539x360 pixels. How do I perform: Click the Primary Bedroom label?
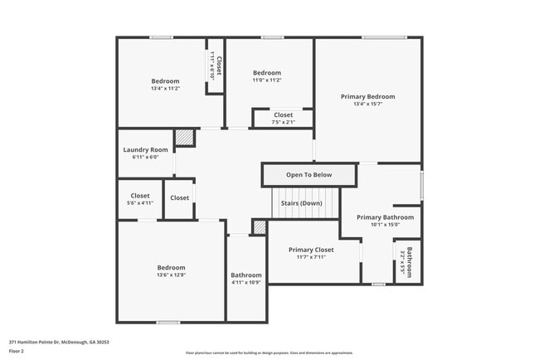[x=367, y=96]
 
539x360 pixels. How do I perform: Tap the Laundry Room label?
[x=145, y=149]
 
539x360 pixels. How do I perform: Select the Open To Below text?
[x=308, y=175]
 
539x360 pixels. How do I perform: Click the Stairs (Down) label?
[x=301, y=202]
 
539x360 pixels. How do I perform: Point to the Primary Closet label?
[x=311, y=250]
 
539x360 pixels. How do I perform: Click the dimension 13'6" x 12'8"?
[x=172, y=275]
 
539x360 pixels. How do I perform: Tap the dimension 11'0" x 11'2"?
[x=267, y=80]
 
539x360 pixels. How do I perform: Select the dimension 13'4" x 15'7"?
[x=367, y=105]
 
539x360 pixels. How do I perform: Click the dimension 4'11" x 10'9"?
[x=246, y=283]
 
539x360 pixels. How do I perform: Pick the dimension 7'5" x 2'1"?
[x=283, y=122]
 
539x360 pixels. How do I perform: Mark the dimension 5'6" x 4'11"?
[x=140, y=202]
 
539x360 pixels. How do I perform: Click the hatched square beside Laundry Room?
[x=184, y=137]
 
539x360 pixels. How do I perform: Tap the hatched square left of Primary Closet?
[x=259, y=226]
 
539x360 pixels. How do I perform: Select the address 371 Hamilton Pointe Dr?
[x=59, y=342]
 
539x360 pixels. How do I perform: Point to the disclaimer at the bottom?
[x=269, y=353]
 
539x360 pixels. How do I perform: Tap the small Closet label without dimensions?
[x=179, y=197]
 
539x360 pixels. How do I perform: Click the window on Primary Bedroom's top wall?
[x=383, y=37]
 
